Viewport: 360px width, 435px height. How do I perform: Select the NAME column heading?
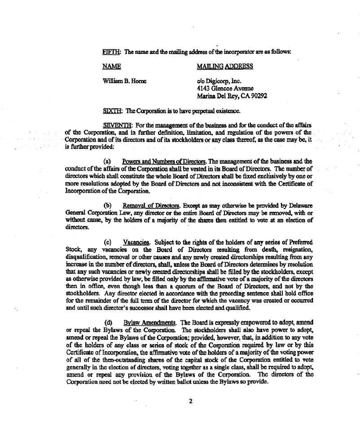coord(112,67)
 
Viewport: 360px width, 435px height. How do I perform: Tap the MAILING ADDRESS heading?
coord(225,67)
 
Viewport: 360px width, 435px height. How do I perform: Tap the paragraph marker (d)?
coord(108,323)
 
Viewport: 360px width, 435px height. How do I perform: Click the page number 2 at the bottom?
coord(191,401)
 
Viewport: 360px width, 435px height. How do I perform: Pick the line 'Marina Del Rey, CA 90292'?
coord(226,96)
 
